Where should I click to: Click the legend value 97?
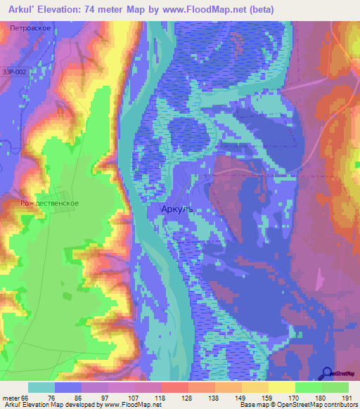(108, 398)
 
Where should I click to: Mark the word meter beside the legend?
(11, 398)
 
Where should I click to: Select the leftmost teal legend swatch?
(41, 387)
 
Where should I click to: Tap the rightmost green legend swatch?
(335, 387)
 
